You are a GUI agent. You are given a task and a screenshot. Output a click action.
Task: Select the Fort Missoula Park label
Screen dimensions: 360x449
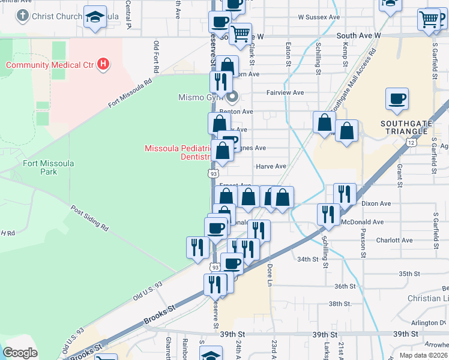tap(40, 167)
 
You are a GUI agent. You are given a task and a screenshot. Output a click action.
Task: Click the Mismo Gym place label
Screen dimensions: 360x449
tap(200, 97)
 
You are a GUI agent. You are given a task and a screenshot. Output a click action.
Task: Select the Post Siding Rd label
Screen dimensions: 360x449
tap(89, 220)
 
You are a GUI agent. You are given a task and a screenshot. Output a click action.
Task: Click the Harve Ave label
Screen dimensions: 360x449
tap(271, 166)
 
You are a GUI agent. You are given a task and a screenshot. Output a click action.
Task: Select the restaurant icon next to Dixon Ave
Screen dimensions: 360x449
tap(345, 195)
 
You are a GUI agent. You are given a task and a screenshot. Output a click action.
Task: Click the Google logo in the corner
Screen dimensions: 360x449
tap(20, 353)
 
